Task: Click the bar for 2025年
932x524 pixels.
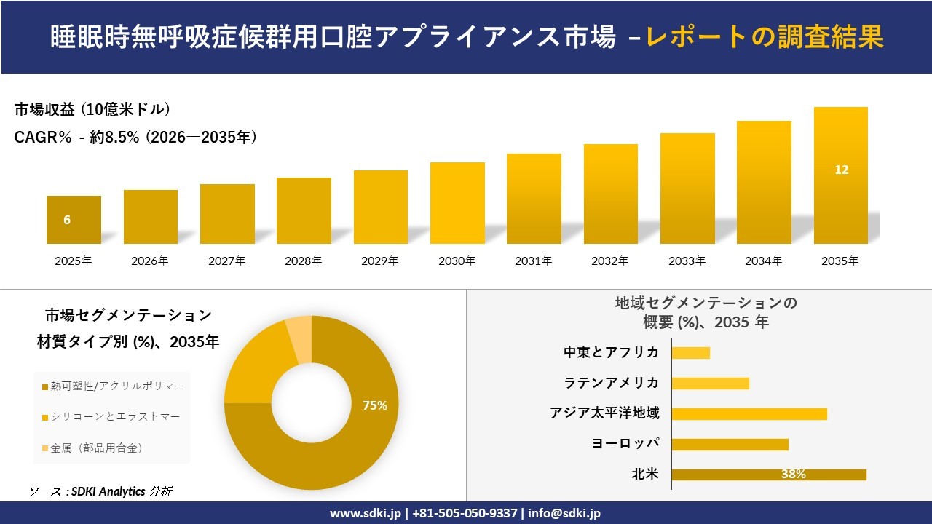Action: point(74,220)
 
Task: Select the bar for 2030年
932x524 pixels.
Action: point(457,203)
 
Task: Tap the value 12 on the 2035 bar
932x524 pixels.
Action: point(842,170)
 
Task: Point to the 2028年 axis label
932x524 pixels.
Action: point(303,261)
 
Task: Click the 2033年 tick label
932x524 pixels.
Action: point(687,261)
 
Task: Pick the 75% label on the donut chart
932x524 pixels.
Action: point(375,405)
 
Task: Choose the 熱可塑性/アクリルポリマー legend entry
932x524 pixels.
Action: point(114,386)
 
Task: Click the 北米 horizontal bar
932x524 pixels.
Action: point(768,475)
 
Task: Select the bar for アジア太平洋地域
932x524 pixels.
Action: point(749,414)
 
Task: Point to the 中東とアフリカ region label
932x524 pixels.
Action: point(612,352)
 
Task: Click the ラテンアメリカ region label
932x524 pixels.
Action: point(612,383)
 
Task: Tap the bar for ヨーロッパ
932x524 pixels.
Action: point(730,444)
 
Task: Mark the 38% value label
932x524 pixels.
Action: point(793,475)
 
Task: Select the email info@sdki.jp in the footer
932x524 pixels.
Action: point(565,513)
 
